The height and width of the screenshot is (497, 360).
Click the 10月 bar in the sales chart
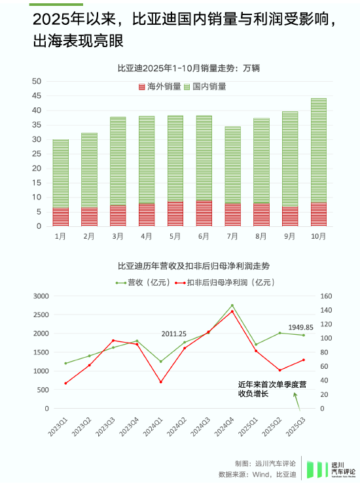pos(319,162)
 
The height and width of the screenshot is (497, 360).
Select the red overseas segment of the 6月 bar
pos(204,214)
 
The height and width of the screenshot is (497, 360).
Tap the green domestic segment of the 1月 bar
pos(61,174)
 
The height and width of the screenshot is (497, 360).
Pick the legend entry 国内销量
pos(204,86)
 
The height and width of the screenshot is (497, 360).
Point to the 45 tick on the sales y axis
pos(37,95)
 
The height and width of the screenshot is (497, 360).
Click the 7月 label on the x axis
pos(232,236)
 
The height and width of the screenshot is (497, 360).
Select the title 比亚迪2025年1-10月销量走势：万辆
pos(180,67)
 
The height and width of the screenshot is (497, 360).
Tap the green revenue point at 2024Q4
pos(232,305)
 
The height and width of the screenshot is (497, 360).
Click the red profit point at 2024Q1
pos(161,382)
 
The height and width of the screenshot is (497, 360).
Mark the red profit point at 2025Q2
pos(280,370)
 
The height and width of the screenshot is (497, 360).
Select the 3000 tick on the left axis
pos(41,296)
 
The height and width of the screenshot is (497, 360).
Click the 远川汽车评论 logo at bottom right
pos(332,468)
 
